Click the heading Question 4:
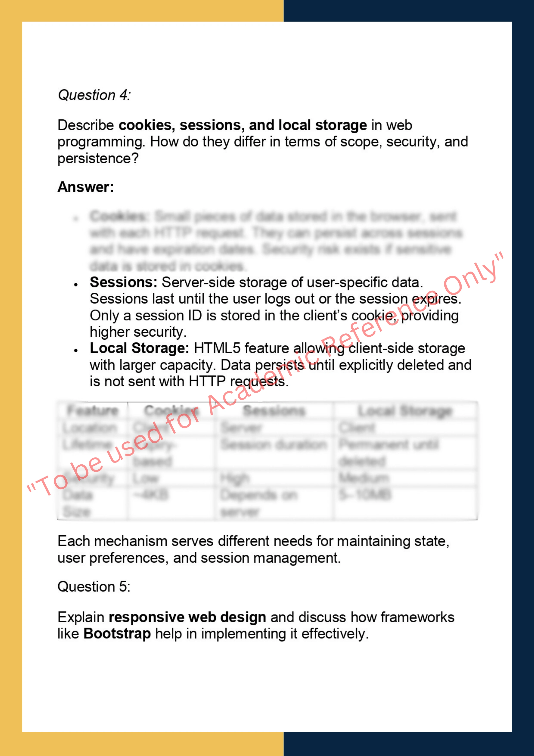point(94,95)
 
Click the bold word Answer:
point(85,187)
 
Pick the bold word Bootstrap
point(117,634)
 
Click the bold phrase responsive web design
point(187,617)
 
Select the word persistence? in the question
point(98,159)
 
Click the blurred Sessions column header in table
point(274,411)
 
